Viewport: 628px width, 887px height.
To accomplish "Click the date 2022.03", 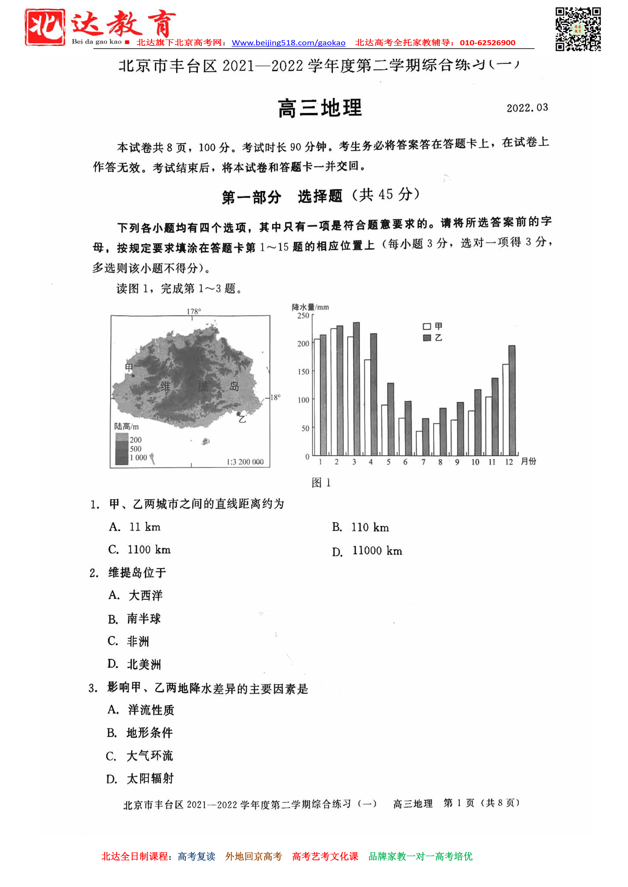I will click(x=527, y=108).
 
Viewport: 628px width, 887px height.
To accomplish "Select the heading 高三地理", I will click(x=320, y=108).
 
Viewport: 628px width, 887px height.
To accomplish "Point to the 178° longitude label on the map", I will click(x=194, y=311).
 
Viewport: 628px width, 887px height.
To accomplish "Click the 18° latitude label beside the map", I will click(x=275, y=397).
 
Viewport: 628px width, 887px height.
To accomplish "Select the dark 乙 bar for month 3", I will click(x=356, y=389).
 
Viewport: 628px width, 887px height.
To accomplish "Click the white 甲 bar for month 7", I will click(x=419, y=443).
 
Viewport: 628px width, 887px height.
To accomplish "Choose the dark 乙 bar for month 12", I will click(x=512, y=400).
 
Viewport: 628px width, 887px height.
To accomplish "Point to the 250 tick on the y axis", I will click(x=303, y=316).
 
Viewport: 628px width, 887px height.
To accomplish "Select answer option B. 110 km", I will click(x=360, y=527).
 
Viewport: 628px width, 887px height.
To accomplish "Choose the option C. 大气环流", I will click(x=140, y=756).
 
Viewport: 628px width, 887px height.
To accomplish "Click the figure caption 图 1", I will click(x=321, y=482).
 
